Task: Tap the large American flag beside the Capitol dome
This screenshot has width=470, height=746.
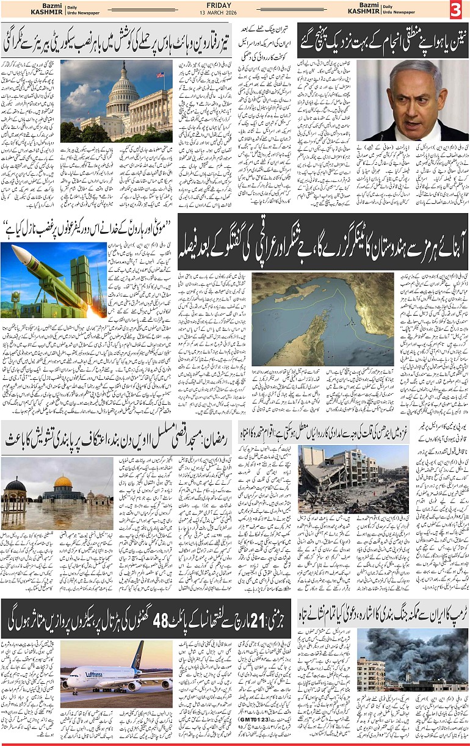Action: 160,76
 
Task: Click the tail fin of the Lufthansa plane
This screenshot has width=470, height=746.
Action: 138,654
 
